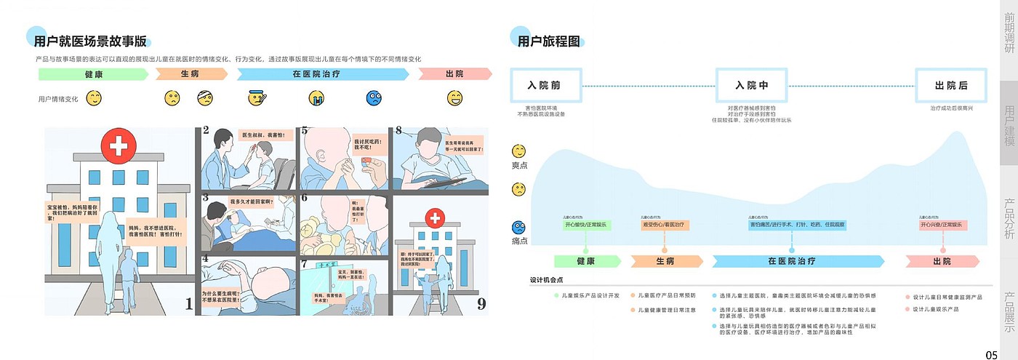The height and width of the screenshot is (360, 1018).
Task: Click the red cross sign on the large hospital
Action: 118,148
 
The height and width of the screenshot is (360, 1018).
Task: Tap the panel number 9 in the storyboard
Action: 481,305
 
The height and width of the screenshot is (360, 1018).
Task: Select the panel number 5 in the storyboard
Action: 305,132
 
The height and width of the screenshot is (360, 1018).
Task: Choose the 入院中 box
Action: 752,86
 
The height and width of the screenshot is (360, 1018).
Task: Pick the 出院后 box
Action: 951,86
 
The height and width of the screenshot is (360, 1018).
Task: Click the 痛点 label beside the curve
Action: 520,240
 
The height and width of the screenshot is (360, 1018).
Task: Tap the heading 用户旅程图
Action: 548,41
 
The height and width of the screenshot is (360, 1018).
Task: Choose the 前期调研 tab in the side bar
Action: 1010,33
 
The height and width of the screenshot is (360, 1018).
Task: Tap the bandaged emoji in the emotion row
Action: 206,97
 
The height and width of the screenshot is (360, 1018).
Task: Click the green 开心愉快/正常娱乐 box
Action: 585,225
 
